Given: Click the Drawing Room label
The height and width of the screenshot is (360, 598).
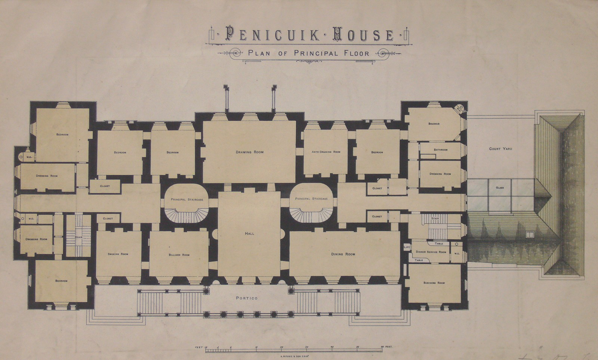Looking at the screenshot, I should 250,152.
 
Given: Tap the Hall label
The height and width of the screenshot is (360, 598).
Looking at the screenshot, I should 250,233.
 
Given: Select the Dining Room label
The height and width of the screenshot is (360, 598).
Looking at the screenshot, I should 343,254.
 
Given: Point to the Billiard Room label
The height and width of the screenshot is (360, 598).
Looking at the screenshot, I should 179,255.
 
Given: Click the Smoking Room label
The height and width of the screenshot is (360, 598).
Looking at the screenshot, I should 118,254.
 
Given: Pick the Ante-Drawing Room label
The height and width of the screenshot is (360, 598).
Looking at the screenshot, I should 326,152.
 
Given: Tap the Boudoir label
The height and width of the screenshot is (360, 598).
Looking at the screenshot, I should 434,124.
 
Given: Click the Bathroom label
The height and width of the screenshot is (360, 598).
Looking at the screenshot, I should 441,150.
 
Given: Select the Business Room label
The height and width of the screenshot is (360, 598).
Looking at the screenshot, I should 434,283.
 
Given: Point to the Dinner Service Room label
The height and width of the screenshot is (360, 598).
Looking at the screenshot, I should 431,252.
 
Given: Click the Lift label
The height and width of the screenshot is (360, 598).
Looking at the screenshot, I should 407,247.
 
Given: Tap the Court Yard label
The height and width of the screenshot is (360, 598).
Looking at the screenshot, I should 500,149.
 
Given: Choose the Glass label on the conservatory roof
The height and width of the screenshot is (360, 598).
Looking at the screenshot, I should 500,188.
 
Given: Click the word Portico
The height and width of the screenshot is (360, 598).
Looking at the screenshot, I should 247,298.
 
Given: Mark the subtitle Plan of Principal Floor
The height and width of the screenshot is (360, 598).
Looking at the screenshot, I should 309,53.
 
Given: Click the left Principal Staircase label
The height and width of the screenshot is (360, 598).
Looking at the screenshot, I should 187,199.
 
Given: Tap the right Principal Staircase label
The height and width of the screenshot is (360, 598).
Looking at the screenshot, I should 311,199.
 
